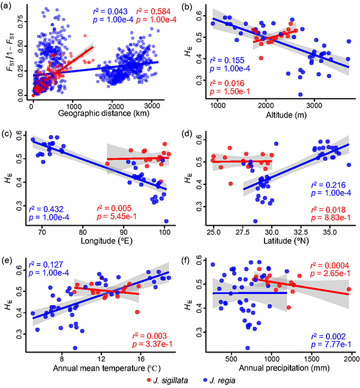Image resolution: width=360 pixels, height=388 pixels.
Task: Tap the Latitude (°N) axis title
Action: coord(278,240)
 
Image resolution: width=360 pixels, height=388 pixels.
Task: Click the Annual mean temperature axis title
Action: coord(99,368)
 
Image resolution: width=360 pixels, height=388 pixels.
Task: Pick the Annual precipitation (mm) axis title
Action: coord(278,368)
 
